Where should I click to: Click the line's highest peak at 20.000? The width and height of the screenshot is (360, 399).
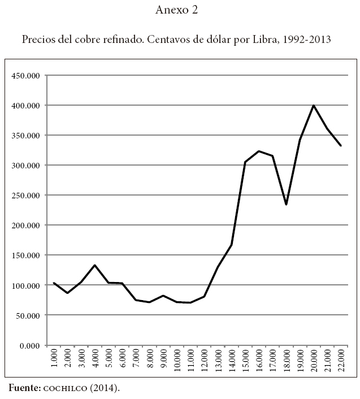(313, 105)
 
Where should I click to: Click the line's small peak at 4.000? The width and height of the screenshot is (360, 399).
(96, 265)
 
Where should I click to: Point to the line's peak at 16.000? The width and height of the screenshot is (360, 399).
(259, 151)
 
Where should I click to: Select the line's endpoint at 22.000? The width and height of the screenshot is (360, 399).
(340, 146)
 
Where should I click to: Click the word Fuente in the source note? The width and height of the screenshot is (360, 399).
(25, 388)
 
